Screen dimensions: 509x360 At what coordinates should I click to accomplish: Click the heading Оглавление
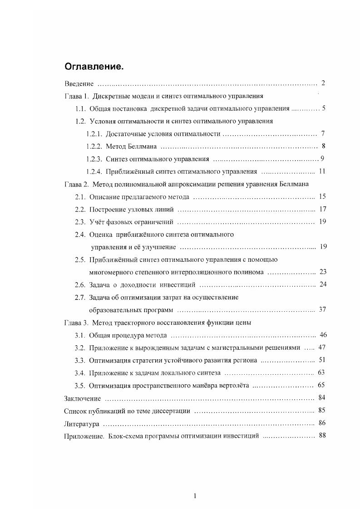(x=94, y=67)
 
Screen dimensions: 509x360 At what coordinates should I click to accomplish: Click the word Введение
(x=79, y=84)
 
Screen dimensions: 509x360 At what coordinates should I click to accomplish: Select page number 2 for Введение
(x=323, y=83)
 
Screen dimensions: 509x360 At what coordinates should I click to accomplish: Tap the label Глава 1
(x=76, y=96)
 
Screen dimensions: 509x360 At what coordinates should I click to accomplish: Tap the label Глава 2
(x=76, y=184)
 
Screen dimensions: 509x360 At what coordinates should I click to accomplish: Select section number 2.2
(x=80, y=209)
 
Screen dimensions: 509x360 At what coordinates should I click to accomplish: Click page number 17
(x=323, y=209)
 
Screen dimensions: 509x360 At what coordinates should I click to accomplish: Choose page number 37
(x=323, y=309)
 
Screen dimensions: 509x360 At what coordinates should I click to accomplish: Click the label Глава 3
(x=76, y=323)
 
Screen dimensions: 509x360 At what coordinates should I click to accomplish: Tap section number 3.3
(x=80, y=360)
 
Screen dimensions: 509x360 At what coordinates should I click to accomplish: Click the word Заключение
(x=82, y=398)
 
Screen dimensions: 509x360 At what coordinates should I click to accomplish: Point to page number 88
(x=323, y=436)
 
